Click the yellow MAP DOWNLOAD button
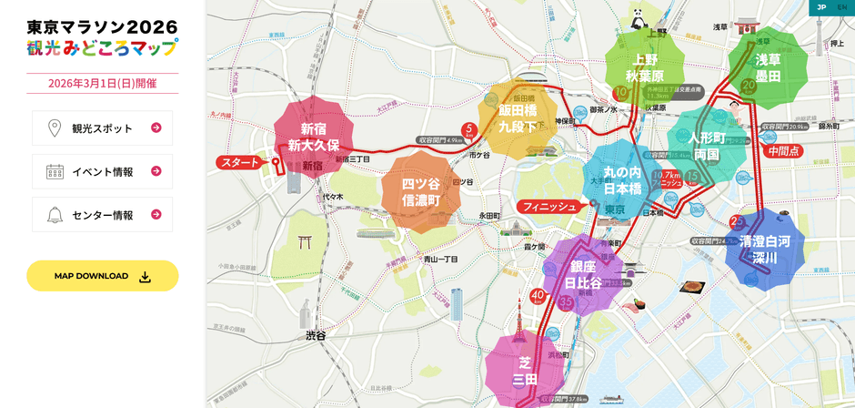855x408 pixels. point(102,276)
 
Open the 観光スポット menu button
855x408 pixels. point(102,128)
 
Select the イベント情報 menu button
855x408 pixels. point(102,171)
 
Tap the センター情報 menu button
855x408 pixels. point(102,215)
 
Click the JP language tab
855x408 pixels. point(820,7)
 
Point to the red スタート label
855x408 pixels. point(239,163)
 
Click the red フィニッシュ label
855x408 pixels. point(548,207)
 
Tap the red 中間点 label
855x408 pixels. point(783,152)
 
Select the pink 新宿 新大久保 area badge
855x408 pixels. point(313,138)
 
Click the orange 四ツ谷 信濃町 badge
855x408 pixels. point(419,191)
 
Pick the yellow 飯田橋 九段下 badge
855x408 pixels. point(517,118)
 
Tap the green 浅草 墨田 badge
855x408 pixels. point(768,67)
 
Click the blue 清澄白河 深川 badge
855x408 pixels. point(764,250)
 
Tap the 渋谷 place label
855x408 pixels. point(315,335)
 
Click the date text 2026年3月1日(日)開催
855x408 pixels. point(102,84)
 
